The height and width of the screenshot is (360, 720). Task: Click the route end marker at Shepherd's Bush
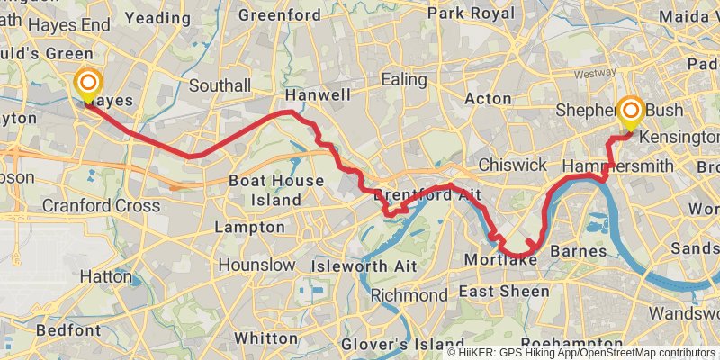[631, 112]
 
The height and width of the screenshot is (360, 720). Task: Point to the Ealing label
[402, 79]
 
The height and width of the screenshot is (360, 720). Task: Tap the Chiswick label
[512, 165]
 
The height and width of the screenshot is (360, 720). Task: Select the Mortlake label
[501, 260]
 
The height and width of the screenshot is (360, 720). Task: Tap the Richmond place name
[409, 295]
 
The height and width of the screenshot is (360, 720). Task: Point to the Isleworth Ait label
[363, 265]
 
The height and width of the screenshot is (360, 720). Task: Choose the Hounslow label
[256, 265]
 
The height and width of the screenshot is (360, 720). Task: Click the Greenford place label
[280, 15]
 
